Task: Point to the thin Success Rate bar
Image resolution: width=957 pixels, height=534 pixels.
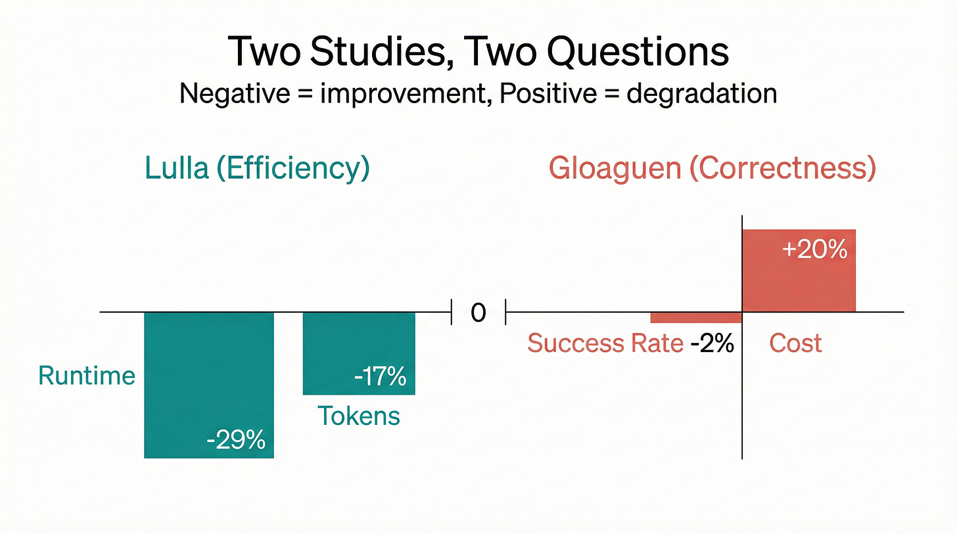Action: pyautogui.click(x=695, y=317)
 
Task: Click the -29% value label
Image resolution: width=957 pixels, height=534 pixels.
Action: pyautogui.click(x=235, y=439)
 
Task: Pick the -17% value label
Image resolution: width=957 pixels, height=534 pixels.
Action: pyautogui.click(x=379, y=378)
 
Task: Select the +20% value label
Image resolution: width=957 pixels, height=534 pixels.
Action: pyautogui.click(x=815, y=250)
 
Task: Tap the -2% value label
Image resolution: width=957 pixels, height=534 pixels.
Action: pyautogui.click(x=712, y=343)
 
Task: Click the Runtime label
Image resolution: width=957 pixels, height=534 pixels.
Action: pyautogui.click(x=87, y=375)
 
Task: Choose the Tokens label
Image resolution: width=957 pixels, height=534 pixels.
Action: pyautogui.click(x=359, y=415)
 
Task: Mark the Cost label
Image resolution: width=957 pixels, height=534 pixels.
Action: pyautogui.click(x=795, y=343)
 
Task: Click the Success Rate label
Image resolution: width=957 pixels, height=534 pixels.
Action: pyautogui.click(x=605, y=343)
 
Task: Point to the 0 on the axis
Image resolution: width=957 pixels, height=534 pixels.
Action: pyautogui.click(x=478, y=313)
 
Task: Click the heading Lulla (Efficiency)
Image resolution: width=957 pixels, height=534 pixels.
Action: pyautogui.click(x=257, y=168)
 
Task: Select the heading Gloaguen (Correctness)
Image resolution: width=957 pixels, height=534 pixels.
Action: pyautogui.click(x=712, y=168)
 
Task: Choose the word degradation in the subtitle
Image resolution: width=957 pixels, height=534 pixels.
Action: pyautogui.click(x=701, y=93)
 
